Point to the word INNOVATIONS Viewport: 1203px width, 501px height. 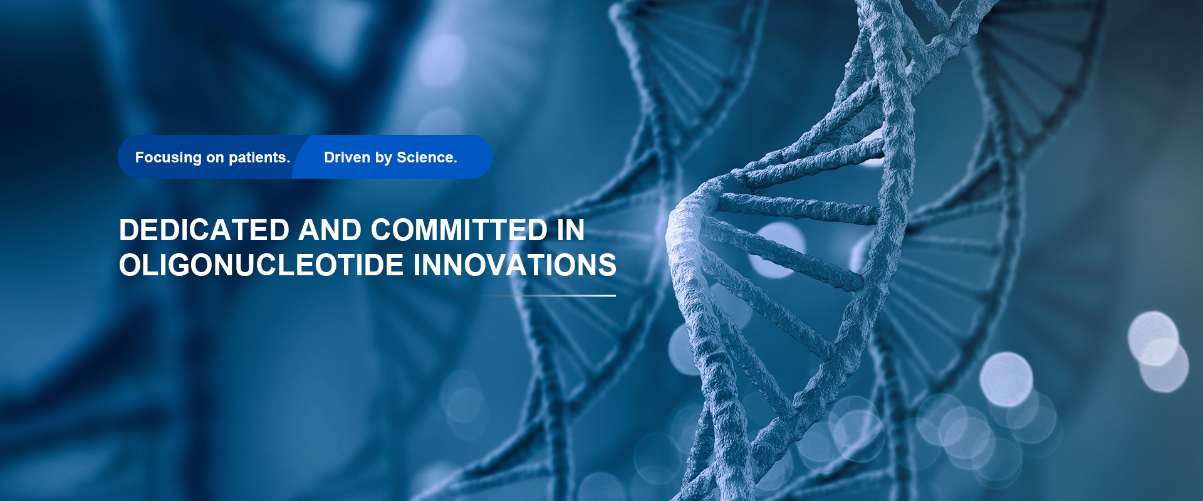(515, 265)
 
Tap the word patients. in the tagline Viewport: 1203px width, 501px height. (259, 158)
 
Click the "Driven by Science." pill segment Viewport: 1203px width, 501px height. (392, 157)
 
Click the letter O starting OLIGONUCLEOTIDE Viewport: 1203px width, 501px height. (130, 265)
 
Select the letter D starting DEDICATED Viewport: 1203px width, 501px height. (130, 230)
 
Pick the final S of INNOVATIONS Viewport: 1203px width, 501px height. (608, 265)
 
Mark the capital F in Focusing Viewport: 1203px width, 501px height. (140, 157)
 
